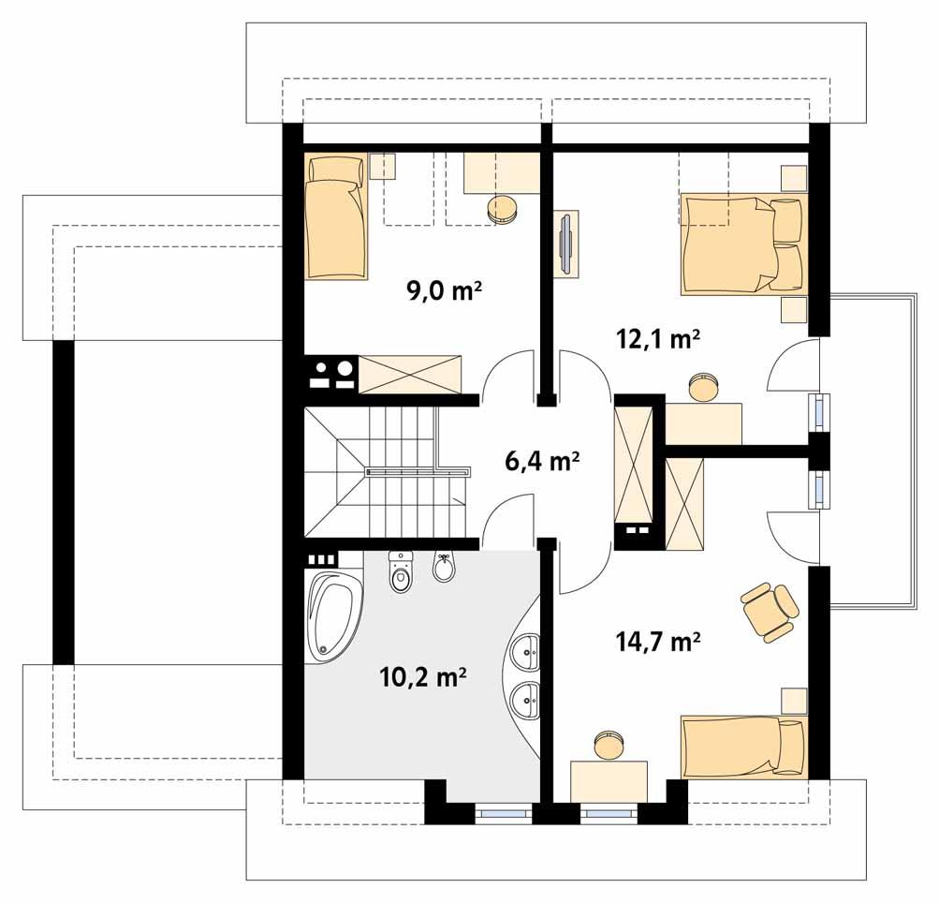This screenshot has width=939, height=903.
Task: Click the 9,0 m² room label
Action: click(443, 289)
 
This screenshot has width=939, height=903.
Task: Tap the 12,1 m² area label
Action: click(658, 338)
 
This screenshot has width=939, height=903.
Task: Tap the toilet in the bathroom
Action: click(402, 573)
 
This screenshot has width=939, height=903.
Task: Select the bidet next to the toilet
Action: click(444, 569)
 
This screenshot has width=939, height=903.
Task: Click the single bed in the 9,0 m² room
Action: click(336, 217)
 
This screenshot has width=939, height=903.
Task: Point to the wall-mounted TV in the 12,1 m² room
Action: click(566, 244)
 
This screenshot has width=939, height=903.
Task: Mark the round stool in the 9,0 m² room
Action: click(504, 209)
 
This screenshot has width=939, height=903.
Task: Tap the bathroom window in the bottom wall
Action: click(503, 812)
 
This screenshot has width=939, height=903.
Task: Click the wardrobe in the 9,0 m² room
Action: click(411, 373)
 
